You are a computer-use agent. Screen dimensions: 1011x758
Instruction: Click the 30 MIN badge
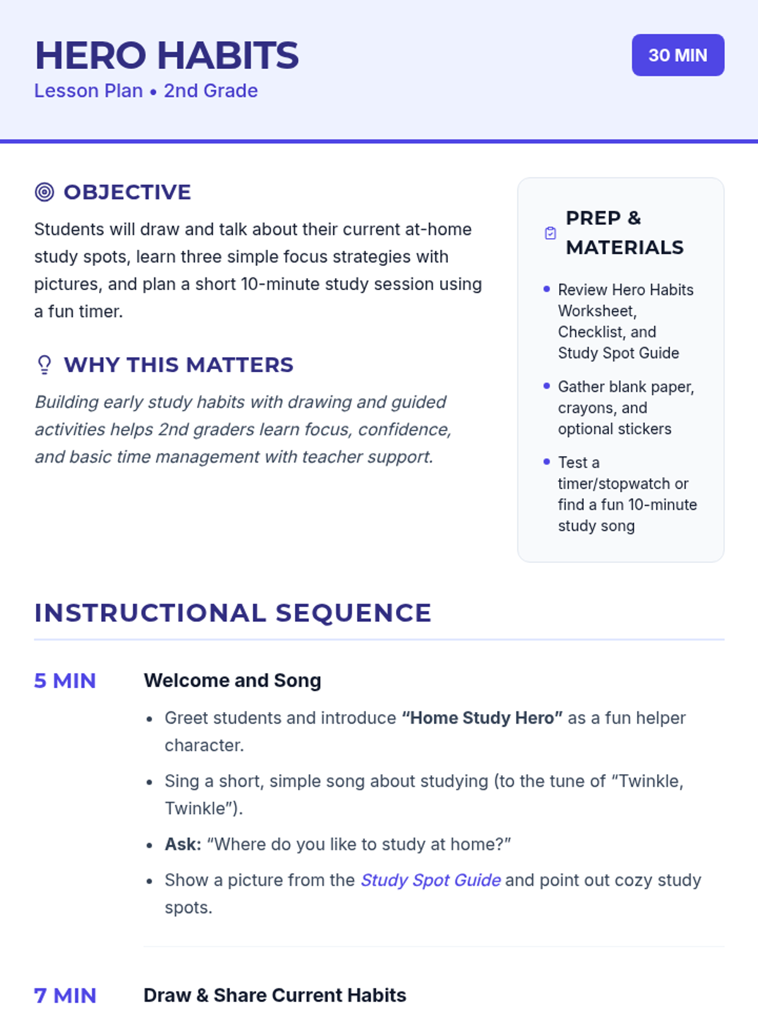678,55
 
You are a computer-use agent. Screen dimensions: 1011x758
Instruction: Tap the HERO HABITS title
167,55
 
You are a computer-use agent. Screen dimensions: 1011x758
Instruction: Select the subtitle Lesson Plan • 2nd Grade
146,91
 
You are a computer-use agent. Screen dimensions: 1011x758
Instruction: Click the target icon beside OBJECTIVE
44,192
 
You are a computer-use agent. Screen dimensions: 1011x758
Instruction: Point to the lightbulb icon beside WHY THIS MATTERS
44,365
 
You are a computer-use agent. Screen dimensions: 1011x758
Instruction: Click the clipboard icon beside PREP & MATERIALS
550,233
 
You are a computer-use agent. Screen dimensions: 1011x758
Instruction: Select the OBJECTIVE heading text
127,192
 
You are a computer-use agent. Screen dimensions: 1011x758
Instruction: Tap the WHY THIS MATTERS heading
179,365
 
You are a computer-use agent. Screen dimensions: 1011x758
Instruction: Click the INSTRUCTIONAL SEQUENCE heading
232,613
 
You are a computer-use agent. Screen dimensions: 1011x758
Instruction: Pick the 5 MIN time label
65,681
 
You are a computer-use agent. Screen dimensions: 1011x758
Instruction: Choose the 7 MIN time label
65,995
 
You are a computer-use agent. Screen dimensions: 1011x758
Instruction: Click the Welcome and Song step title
232,681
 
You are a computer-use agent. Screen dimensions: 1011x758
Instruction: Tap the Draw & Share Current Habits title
275,995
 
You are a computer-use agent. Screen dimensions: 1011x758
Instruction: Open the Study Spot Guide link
430,880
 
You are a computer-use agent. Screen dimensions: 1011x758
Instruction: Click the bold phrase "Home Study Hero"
482,718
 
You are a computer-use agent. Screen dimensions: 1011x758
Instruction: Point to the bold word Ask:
183,844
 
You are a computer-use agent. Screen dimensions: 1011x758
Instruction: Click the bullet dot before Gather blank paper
546,386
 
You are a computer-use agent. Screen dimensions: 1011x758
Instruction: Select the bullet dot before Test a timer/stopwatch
546,462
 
